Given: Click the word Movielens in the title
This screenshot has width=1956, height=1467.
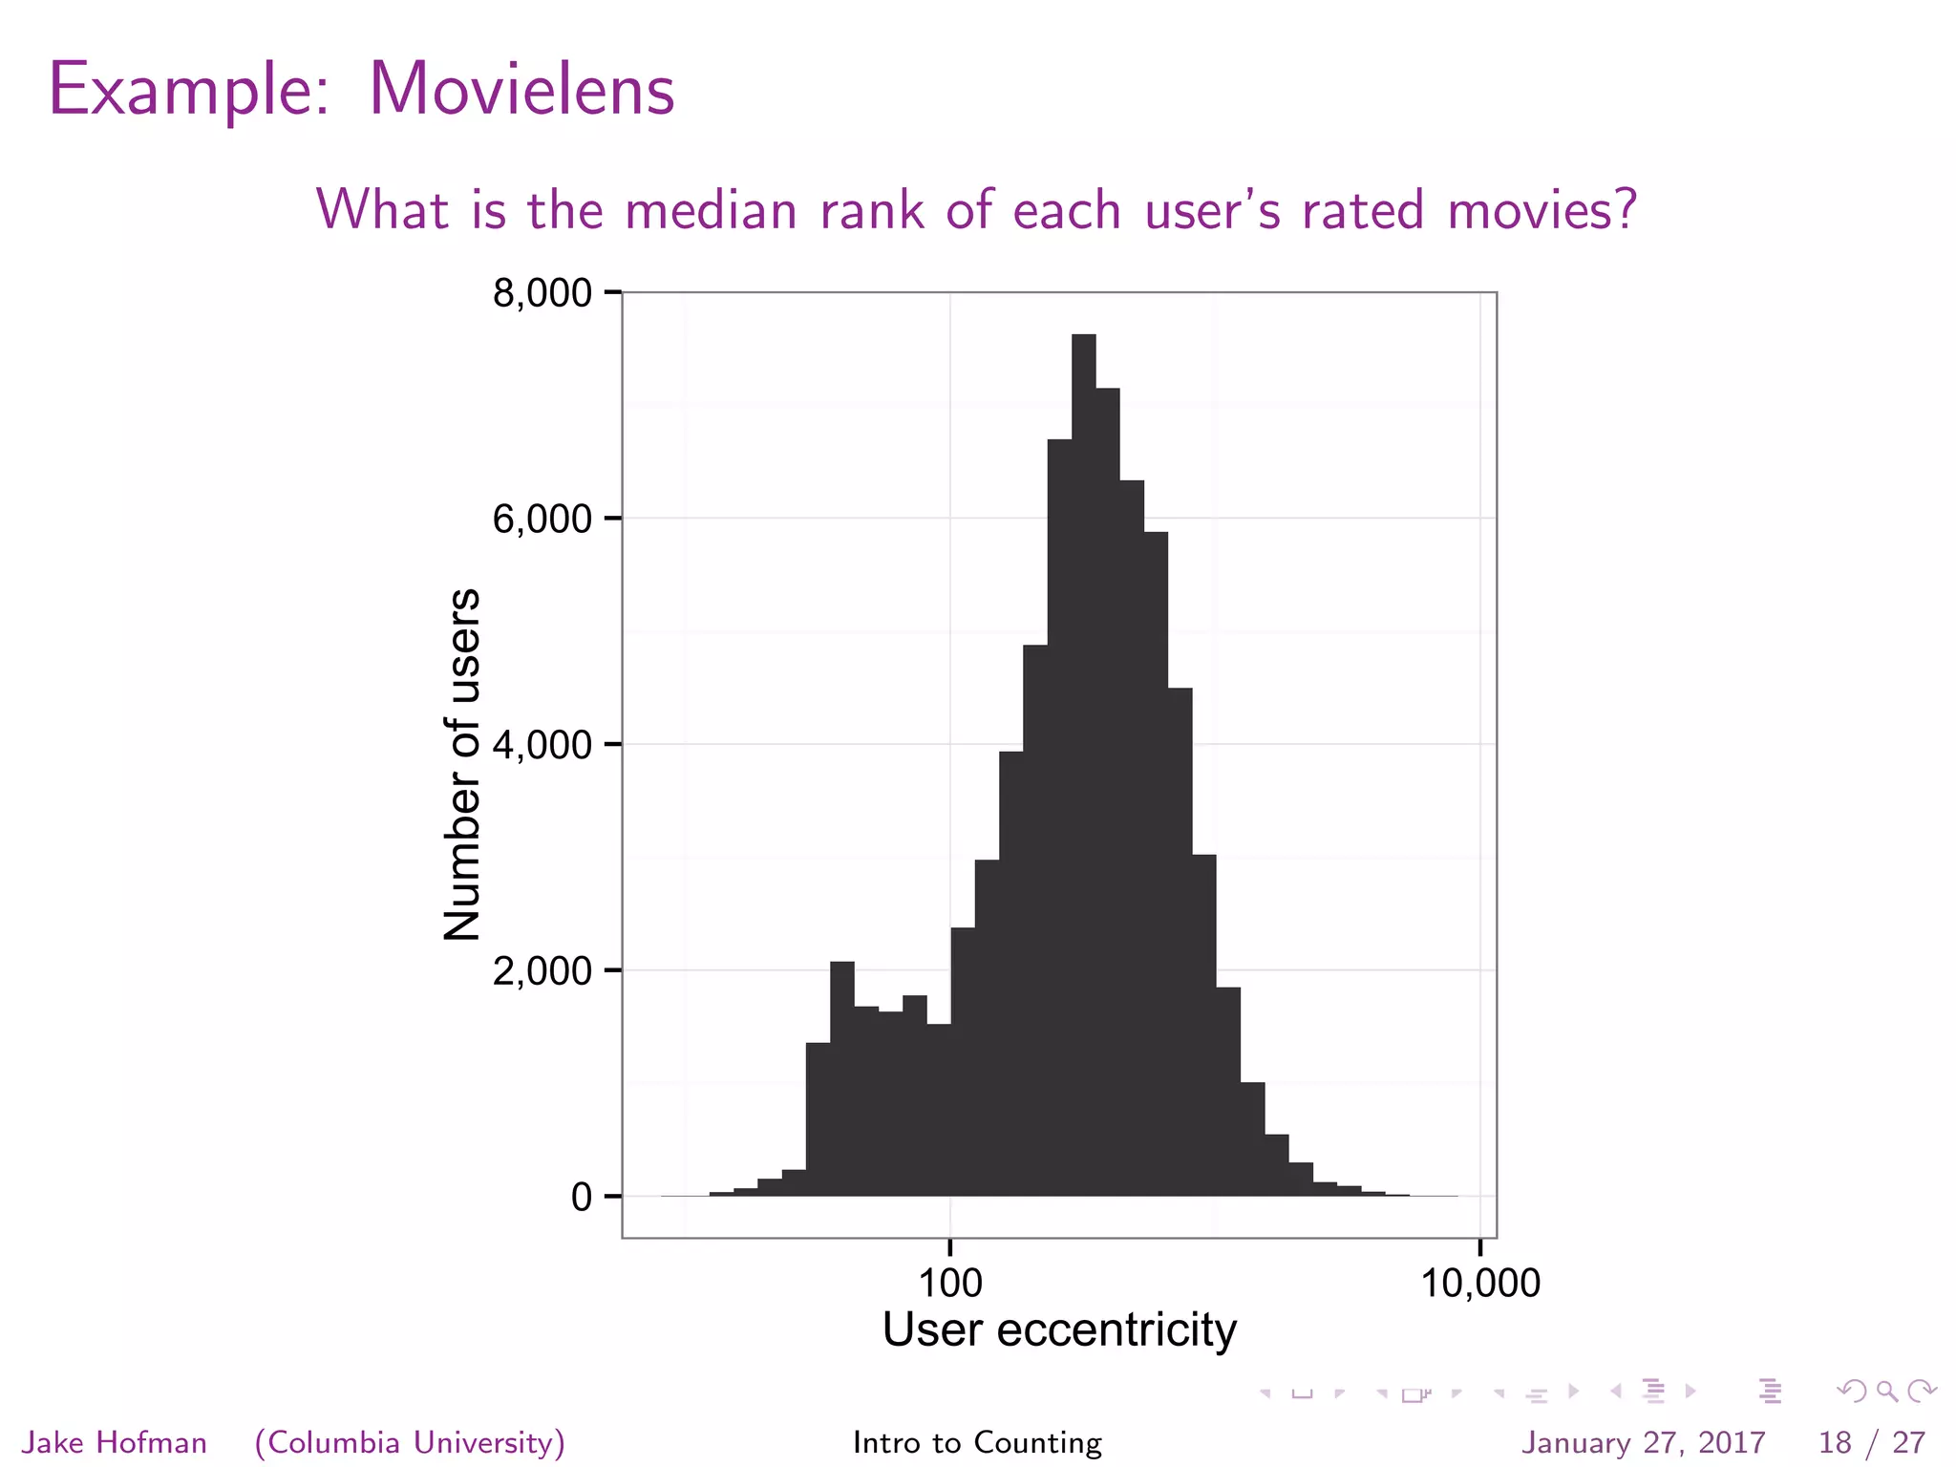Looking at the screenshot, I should tap(521, 90).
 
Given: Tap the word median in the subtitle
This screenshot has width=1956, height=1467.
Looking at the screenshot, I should tap(711, 209).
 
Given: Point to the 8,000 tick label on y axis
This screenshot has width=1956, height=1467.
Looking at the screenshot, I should tap(542, 293).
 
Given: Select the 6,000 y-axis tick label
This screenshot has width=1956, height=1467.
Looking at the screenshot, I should tap(542, 519).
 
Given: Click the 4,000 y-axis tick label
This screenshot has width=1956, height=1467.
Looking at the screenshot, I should tap(542, 745).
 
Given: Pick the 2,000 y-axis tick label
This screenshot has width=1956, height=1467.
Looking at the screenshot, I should tap(542, 971).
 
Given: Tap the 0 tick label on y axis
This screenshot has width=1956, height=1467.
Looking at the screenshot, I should tap(581, 1197).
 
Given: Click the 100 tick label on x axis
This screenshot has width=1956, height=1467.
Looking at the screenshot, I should tap(949, 1283).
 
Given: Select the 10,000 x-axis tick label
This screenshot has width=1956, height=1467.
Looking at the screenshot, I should tap(1479, 1283).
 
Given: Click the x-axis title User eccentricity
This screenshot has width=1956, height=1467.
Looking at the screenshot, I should tap(1058, 1329).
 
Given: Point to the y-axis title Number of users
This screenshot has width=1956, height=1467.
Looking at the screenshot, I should tap(462, 764).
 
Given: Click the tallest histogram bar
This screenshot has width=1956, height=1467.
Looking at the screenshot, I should tap(1083, 764).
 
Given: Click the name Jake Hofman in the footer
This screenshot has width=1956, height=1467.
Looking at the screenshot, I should tap(115, 1442).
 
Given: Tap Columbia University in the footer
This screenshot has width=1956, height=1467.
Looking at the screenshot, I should tap(410, 1442).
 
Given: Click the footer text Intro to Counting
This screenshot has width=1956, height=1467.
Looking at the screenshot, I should tap(977, 1442).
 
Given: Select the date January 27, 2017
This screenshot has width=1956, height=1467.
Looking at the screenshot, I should tap(1643, 1442).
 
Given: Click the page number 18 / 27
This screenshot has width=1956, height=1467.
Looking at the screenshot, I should tap(1871, 1442).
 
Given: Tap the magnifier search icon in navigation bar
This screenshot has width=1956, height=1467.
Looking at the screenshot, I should tap(1886, 1392).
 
